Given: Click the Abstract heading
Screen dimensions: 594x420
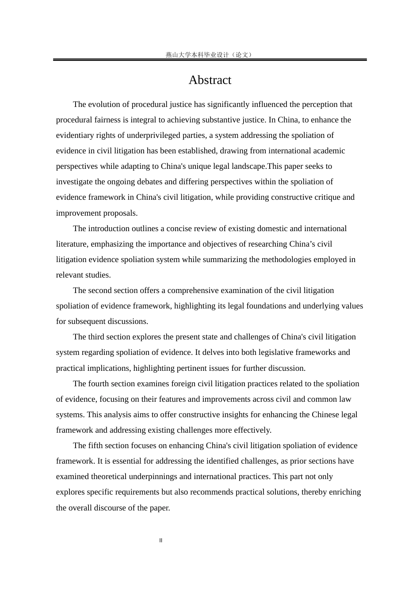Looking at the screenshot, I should [x=210, y=80].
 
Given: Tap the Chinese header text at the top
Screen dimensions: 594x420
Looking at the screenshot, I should [x=210, y=55].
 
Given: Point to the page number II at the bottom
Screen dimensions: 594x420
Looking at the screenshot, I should [x=161, y=540].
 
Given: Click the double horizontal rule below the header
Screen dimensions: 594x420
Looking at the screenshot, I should [x=210, y=60].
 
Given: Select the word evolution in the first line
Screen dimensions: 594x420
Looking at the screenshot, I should [x=104, y=104].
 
